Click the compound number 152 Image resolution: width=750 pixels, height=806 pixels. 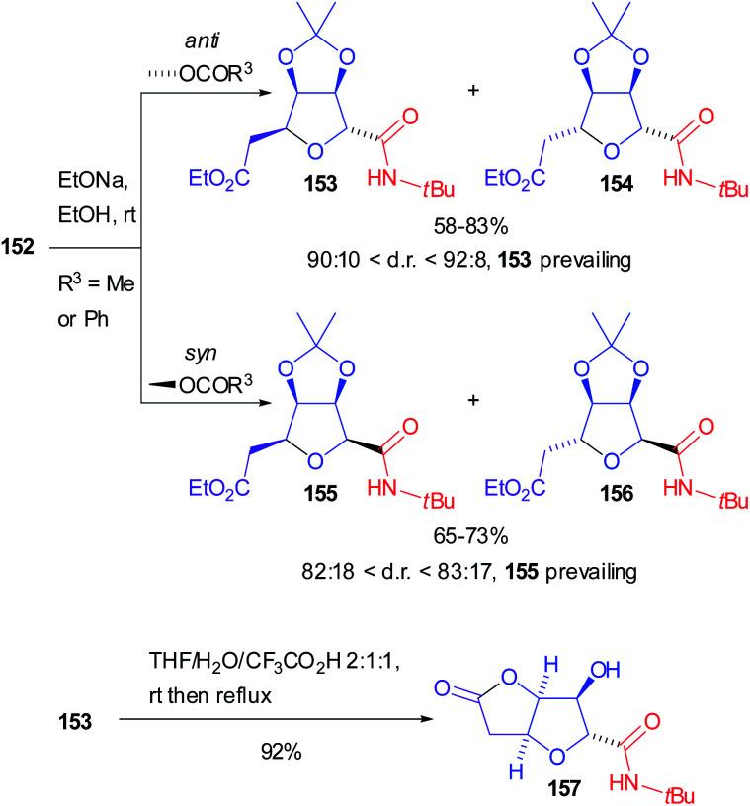tap(22, 248)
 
